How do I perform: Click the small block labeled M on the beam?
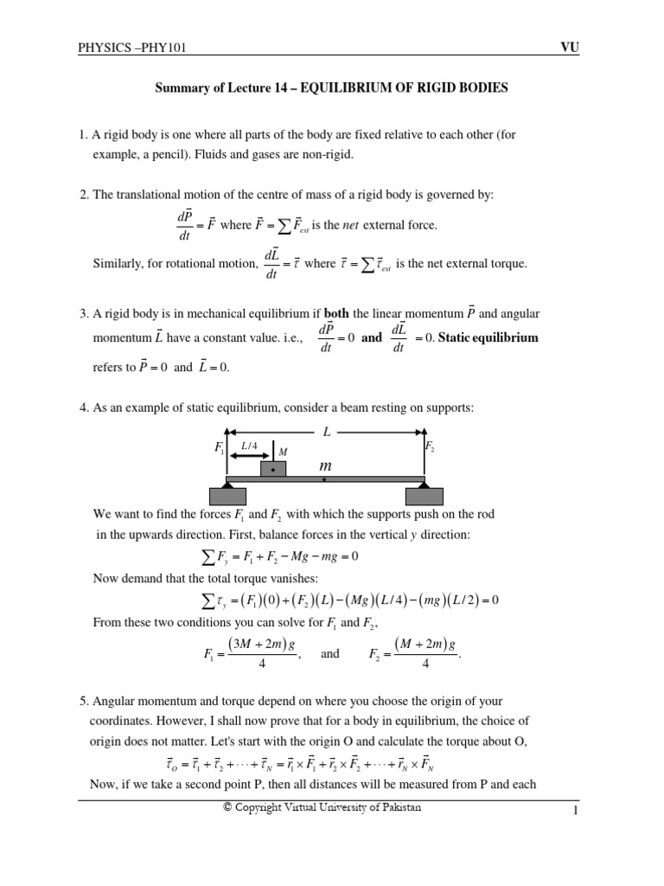click(274, 467)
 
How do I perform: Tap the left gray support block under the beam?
click(227, 496)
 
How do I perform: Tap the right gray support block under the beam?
click(425, 496)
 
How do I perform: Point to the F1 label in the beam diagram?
click(219, 448)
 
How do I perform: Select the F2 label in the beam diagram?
click(430, 446)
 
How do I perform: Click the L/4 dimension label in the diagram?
click(250, 446)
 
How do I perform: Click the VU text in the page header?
click(569, 48)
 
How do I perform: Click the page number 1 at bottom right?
click(573, 811)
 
